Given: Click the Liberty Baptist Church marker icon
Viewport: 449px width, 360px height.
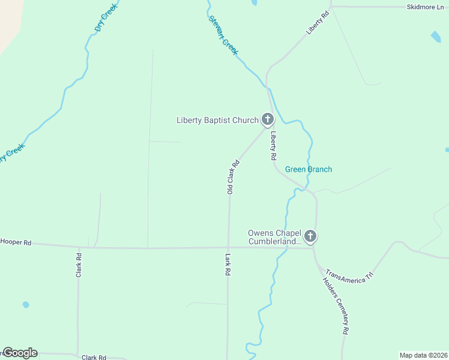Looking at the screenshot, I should click(268, 119).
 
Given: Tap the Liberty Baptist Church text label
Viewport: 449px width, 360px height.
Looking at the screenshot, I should click(217, 120).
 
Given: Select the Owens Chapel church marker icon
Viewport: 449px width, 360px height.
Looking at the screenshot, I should click(310, 236).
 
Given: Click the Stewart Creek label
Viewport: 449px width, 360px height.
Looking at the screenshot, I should click(223, 35).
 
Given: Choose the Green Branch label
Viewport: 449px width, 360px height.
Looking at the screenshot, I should click(308, 169).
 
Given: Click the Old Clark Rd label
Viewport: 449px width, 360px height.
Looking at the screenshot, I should click(232, 177).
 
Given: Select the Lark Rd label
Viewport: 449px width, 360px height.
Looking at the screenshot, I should click(228, 264).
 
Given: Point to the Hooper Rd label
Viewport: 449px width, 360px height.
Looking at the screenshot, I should click(16, 242).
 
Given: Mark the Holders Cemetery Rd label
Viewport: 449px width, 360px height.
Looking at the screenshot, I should click(336, 305).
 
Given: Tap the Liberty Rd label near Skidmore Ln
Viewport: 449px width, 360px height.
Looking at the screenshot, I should click(318, 23).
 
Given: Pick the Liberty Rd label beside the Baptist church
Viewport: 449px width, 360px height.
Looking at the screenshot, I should click(273, 145).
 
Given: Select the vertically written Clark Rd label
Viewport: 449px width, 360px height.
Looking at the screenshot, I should click(79, 265).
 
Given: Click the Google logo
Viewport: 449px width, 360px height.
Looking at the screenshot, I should click(20, 353).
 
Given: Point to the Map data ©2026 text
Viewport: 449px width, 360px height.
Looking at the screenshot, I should click(424, 355).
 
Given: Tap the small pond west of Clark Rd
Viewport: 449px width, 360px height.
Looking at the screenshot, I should click(26, 304).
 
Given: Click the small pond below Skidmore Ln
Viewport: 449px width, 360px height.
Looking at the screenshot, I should click(435, 37).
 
